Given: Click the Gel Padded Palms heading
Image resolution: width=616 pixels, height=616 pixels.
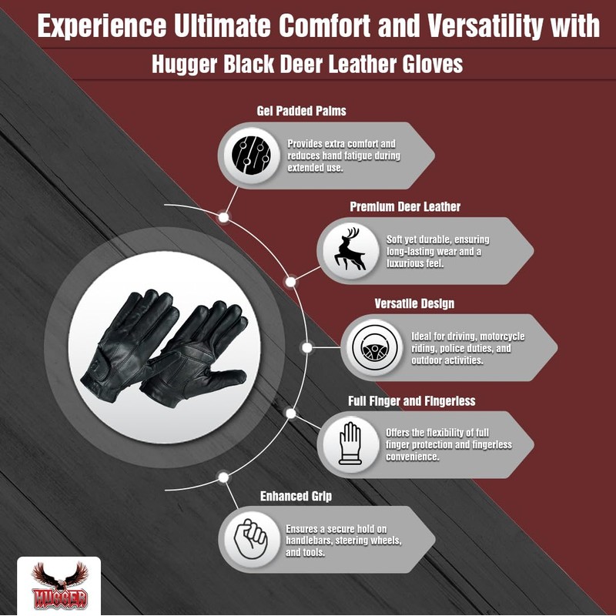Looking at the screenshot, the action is [x=301, y=111].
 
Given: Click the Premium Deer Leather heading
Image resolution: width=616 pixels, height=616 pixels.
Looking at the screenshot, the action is [x=405, y=207].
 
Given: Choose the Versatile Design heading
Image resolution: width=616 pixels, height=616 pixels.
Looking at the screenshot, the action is [x=414, y=303].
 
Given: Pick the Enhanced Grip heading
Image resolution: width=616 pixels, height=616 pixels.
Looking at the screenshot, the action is [x=296, y=497].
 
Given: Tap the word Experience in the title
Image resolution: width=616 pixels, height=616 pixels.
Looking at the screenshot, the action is [x=101, y=28].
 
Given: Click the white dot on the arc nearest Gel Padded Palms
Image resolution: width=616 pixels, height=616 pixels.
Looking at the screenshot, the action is [x=224, y=217].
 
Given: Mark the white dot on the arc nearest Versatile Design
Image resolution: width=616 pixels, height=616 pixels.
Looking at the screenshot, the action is [x=307, y=347].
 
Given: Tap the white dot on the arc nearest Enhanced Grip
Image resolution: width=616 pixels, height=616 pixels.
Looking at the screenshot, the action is [x=224, y=477].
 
